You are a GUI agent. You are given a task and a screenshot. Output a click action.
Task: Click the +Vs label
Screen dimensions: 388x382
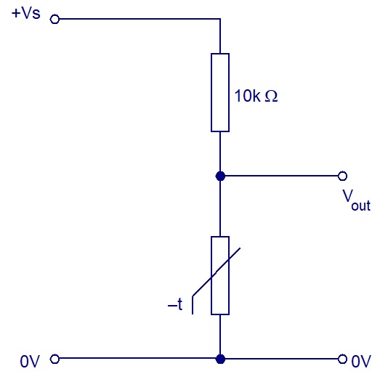click(26, 14)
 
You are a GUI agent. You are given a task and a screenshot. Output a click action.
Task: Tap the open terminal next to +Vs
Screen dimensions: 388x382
click(54, 19)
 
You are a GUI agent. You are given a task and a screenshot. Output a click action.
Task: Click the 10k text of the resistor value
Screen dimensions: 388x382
click(247, 96)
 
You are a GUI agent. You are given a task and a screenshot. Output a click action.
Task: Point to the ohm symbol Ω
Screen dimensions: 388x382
click(271, 96)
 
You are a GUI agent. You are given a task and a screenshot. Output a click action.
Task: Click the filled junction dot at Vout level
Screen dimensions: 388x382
click(220, 176)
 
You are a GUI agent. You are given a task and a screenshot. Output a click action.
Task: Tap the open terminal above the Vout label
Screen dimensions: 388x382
click(342, 176)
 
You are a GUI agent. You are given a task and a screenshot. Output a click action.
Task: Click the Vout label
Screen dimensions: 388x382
click(357, 200)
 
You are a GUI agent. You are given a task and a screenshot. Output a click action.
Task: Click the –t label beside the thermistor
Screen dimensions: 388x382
click(175, 304)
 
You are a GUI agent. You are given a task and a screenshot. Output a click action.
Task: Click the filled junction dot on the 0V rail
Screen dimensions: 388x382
click(220, 359)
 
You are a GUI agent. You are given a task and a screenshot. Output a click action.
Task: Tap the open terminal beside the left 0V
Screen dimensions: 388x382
click(54, 359)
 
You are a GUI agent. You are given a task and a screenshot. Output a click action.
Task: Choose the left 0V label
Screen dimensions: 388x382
click(30, 362)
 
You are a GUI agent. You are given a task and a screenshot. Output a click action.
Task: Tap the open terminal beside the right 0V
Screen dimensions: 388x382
click(342, 359)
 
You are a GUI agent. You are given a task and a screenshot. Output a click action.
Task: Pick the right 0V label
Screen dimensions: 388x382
click(361, 362)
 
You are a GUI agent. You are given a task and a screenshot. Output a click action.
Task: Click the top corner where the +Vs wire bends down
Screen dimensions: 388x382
click(220, 19)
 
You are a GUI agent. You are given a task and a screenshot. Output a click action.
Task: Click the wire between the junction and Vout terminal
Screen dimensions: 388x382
click(281, 176)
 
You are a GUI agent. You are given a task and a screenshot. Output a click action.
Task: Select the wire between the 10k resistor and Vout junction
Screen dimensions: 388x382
click(220, 152)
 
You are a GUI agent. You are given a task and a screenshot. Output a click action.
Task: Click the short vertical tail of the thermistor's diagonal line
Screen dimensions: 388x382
click(193, 305)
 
